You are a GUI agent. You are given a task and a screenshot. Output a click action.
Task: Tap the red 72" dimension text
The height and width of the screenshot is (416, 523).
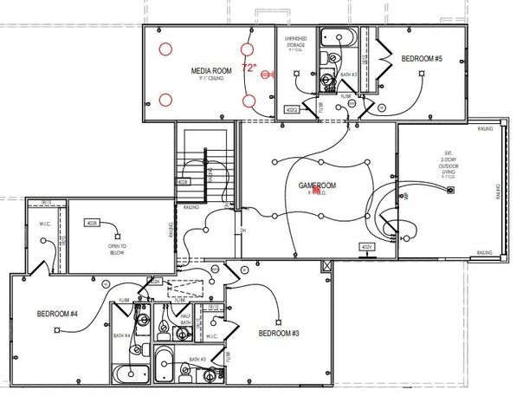click(x=250, y=67)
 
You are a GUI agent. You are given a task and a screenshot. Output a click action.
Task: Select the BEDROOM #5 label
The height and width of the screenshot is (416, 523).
click(x=422, y=58)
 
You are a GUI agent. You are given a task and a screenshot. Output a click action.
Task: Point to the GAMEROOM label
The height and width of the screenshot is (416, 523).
click(x=317, y=185)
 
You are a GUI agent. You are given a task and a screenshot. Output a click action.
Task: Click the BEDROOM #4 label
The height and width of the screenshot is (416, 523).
click(x=58, y=314)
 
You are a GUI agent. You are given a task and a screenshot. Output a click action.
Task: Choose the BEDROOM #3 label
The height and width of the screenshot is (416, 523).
click(x=279, y=333)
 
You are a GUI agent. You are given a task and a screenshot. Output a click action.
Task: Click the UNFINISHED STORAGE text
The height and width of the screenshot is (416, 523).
click(x=296, y=44)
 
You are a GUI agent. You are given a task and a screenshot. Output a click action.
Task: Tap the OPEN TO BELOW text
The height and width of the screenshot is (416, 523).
click(x=119, y=249)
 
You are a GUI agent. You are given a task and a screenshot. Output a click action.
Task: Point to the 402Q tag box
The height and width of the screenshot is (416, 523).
click(x=292, y=110)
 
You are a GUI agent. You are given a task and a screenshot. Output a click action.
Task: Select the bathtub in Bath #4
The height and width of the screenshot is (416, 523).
click(x=130, y=374)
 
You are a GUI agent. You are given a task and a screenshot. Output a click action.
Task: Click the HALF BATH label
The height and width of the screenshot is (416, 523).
click(x=184, y=320)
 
